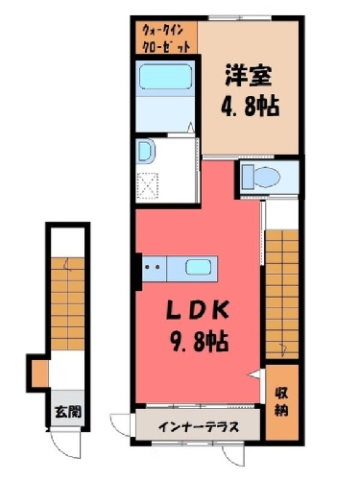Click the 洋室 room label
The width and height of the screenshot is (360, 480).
(249, 76)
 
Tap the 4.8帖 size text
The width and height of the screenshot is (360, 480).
(250, 106)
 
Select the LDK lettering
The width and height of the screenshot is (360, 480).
(198, 310)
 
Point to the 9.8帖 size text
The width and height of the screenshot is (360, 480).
(199, 341)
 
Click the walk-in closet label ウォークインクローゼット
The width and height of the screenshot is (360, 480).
(166, 39)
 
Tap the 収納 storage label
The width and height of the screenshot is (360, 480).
(282, 401)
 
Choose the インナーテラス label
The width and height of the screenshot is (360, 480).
(199, 426)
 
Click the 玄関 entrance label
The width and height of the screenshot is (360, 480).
(68, 412)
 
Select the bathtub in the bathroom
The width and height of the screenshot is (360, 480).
(165, 77)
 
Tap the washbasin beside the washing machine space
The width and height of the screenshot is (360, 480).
(145, 151)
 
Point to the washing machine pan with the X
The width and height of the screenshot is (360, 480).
(147, 186)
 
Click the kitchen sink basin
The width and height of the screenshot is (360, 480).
(198, 267)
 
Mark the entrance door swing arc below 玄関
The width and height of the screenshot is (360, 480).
(67, 446)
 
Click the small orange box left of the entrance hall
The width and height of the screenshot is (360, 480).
(40, 373)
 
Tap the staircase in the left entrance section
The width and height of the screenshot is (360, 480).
(67, 304)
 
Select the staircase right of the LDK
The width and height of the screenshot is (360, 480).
(282, 295)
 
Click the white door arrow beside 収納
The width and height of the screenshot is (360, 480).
(255, 374)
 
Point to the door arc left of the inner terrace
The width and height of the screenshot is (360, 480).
(119, 425)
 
